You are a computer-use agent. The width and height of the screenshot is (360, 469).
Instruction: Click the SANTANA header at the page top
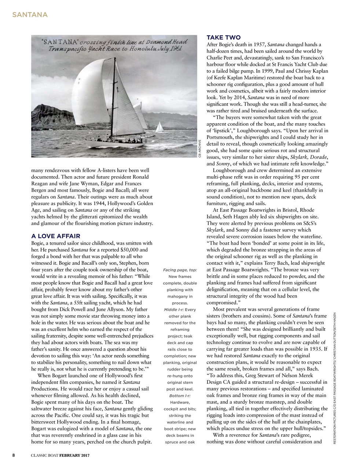tap(30, 15)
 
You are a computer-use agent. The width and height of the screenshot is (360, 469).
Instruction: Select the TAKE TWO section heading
tap(224, 38)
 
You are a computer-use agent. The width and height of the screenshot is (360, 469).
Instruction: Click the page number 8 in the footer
tap(14, 455)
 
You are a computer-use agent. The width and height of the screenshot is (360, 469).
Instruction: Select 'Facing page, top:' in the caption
tap(180, 270)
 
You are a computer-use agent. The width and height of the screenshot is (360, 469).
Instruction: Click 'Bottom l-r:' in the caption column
tap(180, 396)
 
